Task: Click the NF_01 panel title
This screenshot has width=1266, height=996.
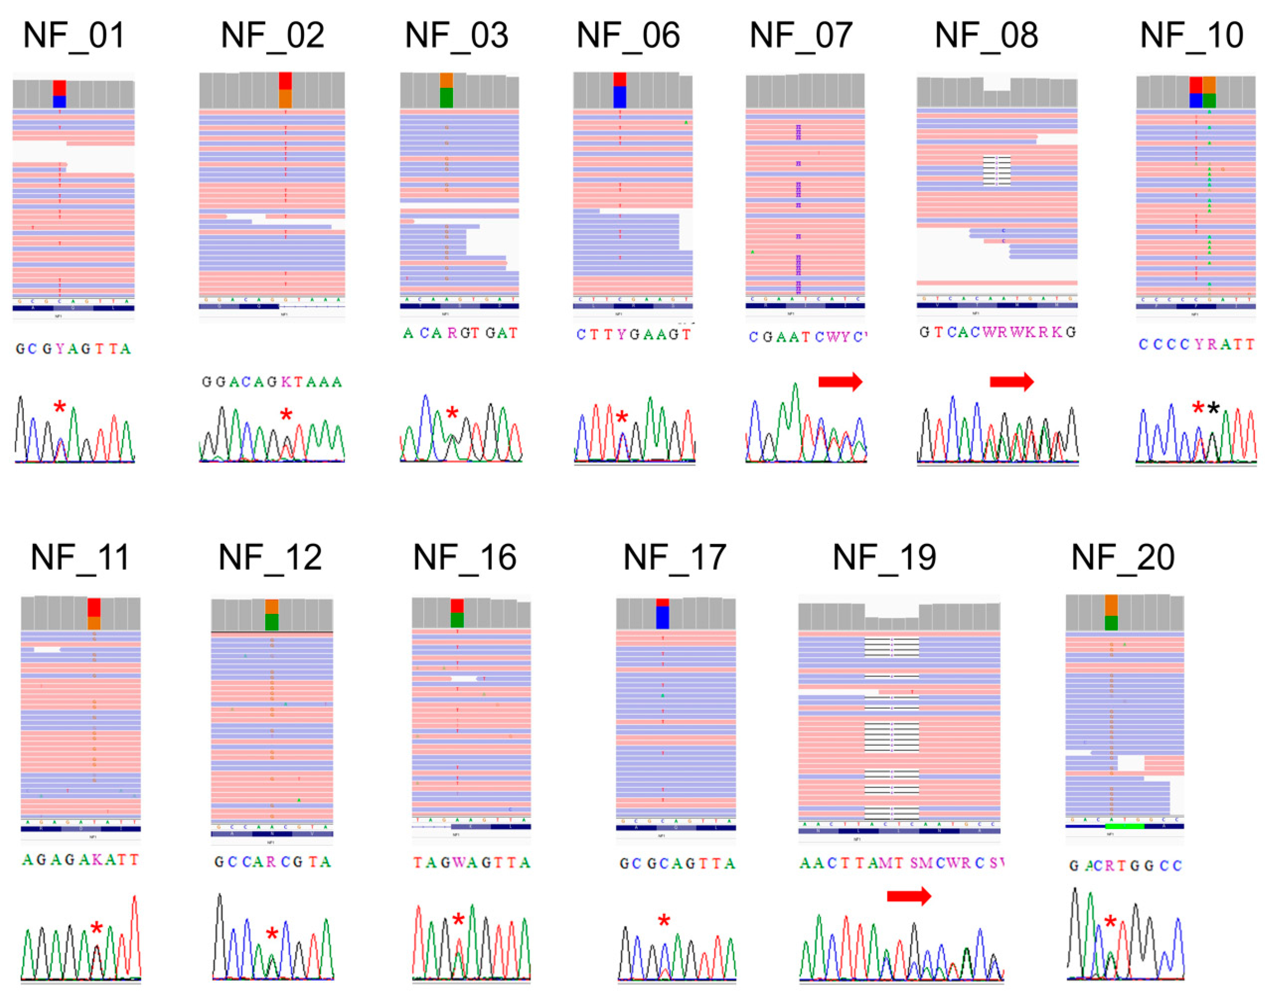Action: pyautogui.click(x=74, y=35)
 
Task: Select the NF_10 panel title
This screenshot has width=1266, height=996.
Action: pyautogui.click(x=1191, y=35)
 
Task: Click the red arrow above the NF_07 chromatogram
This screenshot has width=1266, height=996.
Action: pyautogui.click(x=840, y=382)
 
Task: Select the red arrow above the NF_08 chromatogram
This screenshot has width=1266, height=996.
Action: pyautogui.click(x=1012, y=382)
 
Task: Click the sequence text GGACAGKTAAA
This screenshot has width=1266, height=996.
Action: pyautogui.click(x=272, y=382)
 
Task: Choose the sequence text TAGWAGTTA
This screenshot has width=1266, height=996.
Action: pyautogui.click(x=472, y=862)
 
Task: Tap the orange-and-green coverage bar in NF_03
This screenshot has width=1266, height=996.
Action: pyautogui.click(x=446, y=90)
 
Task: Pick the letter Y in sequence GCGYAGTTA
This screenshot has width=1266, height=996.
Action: pyautogui.click(x=60, y=349)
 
